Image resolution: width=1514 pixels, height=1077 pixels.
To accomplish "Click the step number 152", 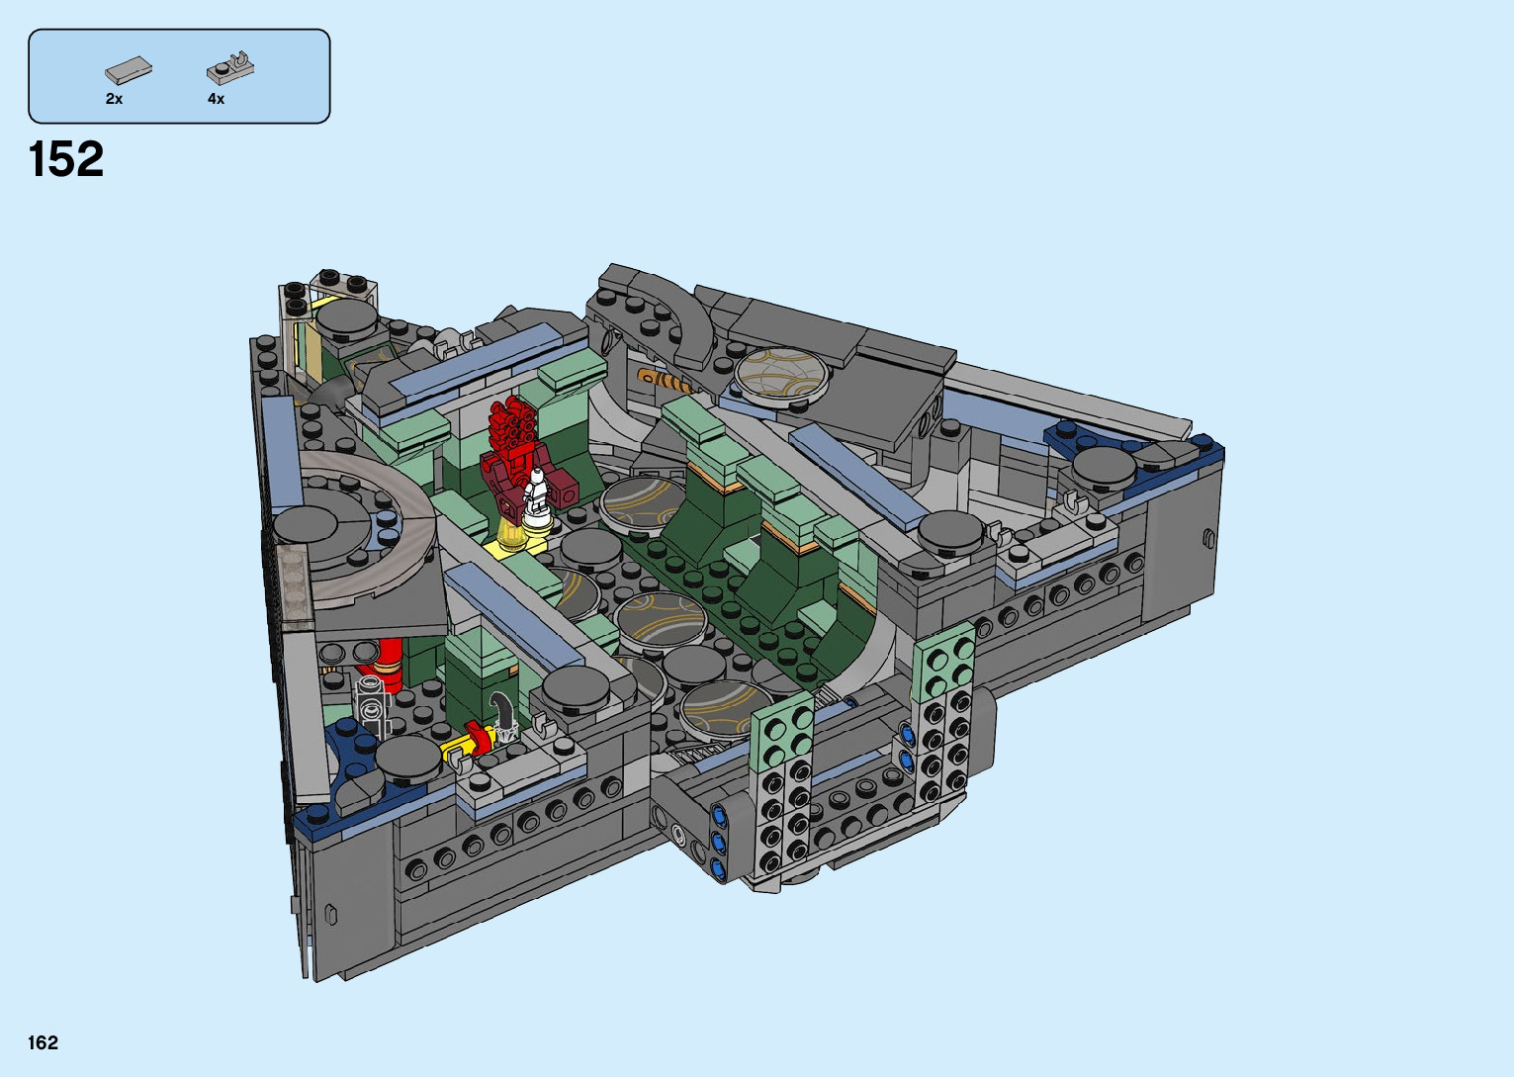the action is click(66, 159).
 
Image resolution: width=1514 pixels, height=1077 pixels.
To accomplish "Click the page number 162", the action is click(44, 1042).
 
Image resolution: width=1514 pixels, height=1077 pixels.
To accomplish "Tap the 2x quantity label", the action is click(115, 99).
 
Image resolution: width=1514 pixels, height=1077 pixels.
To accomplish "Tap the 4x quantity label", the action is click(217, 99).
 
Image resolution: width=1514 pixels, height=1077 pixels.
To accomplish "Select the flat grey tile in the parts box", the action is click(129, 69).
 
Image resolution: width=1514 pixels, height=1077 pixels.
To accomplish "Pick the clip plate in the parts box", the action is click(230, 67).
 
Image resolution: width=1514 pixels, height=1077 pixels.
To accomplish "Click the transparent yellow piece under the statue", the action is click(511, 534).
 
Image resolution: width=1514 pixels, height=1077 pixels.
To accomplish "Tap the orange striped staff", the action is click(666, 383).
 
